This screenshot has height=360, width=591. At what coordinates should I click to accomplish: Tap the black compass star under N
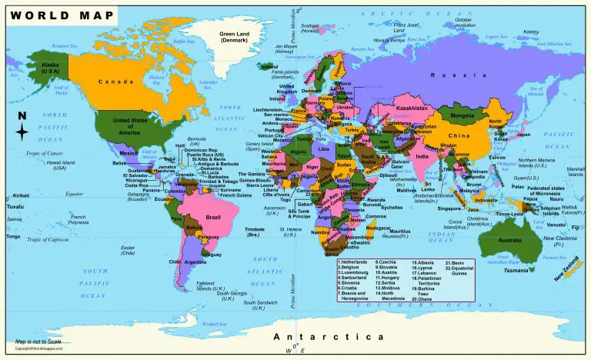click(x=22, y=132)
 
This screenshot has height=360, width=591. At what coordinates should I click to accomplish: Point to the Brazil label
click(x=212, y=218)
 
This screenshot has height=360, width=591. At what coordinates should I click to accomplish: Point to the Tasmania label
click(x=511, y=270)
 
